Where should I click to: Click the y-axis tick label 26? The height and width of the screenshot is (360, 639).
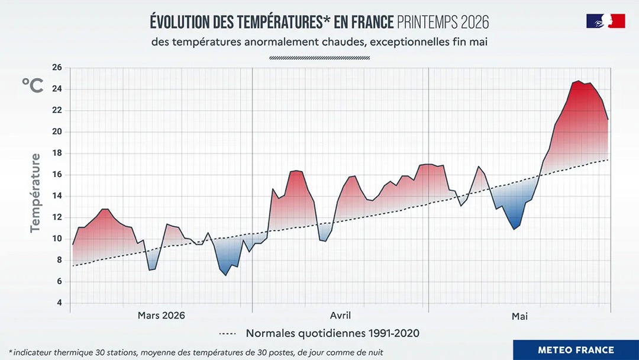click(57, 67)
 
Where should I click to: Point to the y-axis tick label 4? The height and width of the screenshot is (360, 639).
click(60, 303)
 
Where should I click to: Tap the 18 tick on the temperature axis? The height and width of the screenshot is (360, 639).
click(57, 153)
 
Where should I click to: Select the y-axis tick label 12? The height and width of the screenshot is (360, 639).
click(57, 217)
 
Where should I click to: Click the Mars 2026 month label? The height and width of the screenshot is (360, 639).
click(162, 315)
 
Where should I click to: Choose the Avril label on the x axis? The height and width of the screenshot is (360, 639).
click(340, 315)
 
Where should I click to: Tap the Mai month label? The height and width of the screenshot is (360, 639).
click(519, 316)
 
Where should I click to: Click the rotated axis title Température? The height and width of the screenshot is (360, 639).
click(36, 193)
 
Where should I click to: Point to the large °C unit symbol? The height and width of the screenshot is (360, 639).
click(33, 85)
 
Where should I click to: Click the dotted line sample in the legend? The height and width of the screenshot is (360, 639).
click(227, 333)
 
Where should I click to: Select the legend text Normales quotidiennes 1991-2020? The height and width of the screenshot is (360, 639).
click(333, 333)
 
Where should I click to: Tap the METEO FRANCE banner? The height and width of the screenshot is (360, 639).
click(576, 350)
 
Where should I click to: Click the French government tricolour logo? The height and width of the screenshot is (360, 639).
click(606, 21)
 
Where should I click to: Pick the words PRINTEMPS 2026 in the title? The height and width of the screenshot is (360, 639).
click(443, 22)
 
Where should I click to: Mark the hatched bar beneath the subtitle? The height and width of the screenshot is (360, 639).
click(319, 58)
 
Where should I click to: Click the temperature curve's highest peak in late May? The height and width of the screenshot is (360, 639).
click(579, 81)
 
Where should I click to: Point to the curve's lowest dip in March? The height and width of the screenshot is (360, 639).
click(226, 275)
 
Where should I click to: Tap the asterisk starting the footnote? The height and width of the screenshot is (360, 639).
click(11, 351)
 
